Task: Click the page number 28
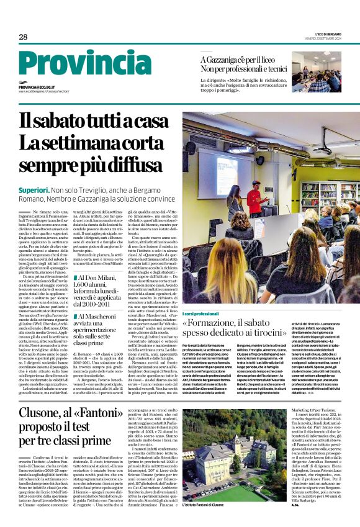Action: click(x=23, y=37)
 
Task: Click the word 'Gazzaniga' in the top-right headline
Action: click(x=228, y=59)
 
